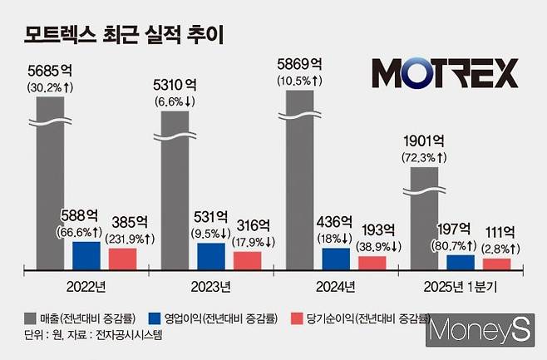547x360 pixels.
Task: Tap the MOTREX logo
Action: (x=445, y=73)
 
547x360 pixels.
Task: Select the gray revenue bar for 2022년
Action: (x=50, y=191)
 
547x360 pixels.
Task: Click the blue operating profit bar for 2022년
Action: (x=86, y=255)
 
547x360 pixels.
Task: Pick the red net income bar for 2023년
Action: (x=247, y=261)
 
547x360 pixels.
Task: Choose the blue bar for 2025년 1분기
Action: (x=461, y=263)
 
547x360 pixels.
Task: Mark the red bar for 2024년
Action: (x=372, y=263)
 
